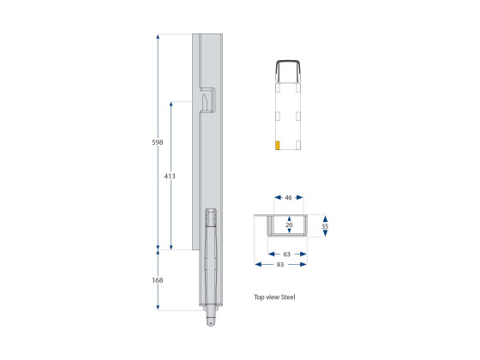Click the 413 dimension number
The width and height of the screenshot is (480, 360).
170,176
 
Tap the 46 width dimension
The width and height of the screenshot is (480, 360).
288,198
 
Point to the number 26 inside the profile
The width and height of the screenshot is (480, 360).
288,225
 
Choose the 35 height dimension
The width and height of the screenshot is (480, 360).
325,228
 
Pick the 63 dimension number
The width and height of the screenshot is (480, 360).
287,254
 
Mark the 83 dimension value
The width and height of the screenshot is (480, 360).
280,265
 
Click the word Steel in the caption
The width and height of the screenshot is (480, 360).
286,297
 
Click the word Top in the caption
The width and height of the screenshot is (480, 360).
259,297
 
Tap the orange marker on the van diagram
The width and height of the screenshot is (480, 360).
277,144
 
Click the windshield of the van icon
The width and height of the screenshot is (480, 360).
288,69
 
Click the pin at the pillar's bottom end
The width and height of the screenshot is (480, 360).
210,321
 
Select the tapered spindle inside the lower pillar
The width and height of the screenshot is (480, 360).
210,257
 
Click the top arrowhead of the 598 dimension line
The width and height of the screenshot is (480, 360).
158,37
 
